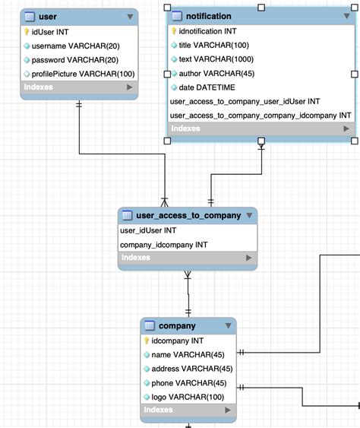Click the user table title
click(x=47, y=16)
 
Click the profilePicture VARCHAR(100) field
click(x=83, y=73)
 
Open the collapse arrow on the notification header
click(x=345, y=16)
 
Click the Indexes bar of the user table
click(x=79, y=87)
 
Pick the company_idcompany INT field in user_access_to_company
click(x=163, y=245)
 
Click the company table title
click(x=177, y=326)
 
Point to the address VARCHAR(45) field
click(x=191, y=369)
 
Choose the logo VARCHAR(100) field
click(x=188, y=397)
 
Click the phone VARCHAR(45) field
click(x=189, y=382)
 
